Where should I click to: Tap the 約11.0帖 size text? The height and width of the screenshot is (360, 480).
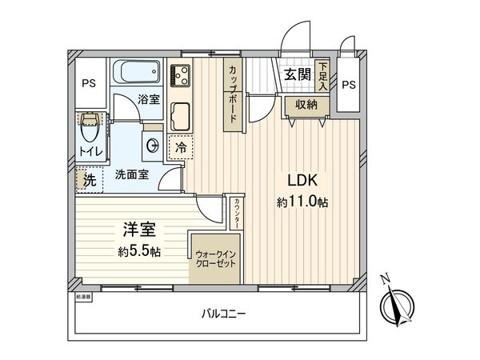point(302,203)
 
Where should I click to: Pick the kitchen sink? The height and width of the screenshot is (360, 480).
point(180,118)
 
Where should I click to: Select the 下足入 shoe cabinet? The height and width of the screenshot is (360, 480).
point(322,75)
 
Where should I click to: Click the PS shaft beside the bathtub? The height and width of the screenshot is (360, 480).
point(87,82)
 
